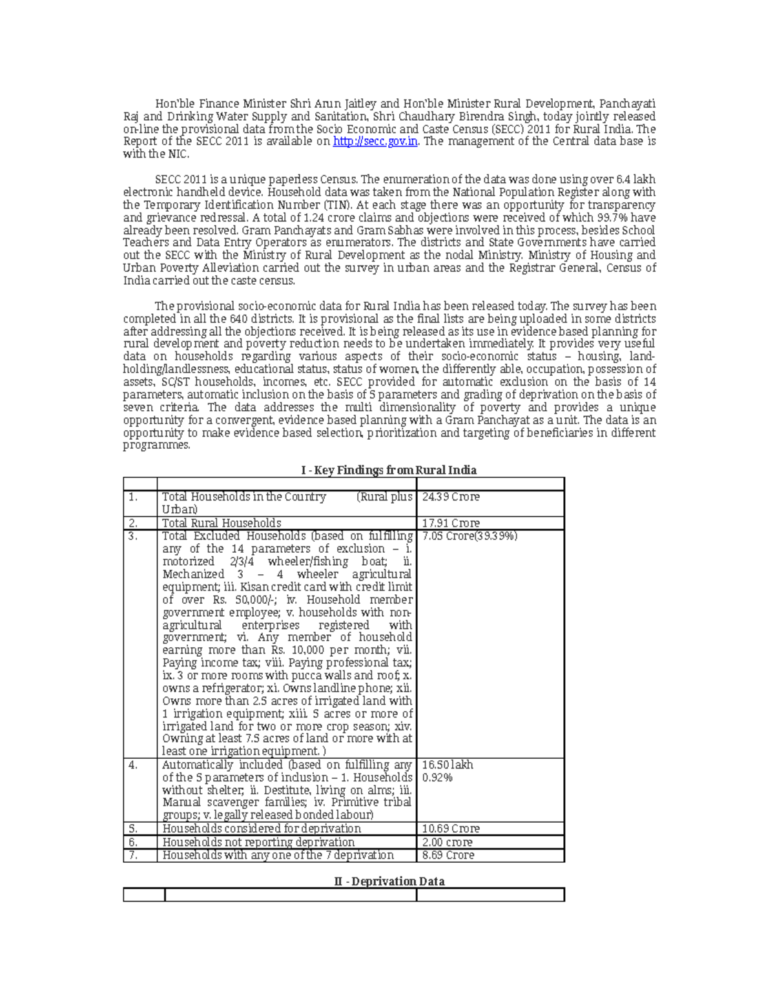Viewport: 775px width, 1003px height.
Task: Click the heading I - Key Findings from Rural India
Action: coord(389,470)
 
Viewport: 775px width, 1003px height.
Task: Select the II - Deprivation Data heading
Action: coord(389,882)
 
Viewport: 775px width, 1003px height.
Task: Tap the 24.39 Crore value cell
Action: coord(450,497)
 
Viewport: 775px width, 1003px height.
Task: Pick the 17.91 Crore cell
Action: coord(450,523)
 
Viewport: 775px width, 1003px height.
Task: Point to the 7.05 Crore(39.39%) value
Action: coord(470,536)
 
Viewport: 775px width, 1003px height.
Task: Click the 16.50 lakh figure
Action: coord(448,765)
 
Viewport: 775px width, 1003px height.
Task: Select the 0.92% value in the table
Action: coord(437,778)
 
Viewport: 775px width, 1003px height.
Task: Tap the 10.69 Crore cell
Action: coord(450,829)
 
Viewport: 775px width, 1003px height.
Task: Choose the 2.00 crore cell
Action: coord(447,842)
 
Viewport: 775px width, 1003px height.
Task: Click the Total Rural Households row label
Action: coord(222,523)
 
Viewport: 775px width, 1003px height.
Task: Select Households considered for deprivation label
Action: coord(262,829)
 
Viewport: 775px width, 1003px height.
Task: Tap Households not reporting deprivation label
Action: coord(258,842)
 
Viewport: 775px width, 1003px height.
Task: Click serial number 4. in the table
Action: coord(133,765)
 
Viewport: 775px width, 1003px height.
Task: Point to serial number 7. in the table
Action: coord(133,855)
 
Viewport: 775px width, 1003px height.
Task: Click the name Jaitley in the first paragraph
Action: coord(356,104)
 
